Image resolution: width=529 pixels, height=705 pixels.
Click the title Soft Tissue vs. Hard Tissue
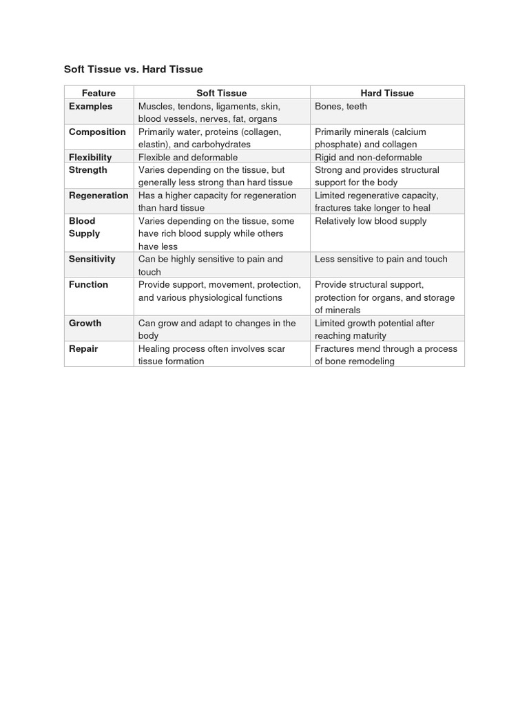(x=133, y=70)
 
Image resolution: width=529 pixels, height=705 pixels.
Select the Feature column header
(x=98, y=93)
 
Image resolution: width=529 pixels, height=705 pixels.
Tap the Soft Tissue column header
(x=221, y=93)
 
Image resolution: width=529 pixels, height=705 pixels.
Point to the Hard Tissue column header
(x=387, y=93)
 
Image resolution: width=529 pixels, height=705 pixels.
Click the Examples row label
(x=90, y=106)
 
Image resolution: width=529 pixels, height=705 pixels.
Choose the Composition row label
(x=97, y=131)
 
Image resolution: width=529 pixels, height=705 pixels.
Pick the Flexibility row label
(x=90, y=157)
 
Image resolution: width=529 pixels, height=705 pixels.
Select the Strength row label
(x=88, y=169)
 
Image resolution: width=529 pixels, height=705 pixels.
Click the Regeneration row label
(x=98, y=195)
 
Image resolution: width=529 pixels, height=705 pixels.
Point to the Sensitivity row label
(x=92, y=259)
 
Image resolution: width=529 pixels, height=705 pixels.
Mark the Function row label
(x=88, y=284)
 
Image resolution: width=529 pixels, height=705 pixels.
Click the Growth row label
(x=85, y=323)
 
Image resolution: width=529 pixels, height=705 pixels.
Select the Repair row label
(x=83, y=348)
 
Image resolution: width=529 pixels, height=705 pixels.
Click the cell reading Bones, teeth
(x=341, y=106)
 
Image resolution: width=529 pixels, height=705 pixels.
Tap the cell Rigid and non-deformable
(x=369, y=157)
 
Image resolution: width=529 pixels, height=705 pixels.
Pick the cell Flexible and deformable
(x=188, y=157)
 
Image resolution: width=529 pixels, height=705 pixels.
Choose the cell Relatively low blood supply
(x=371, y=221)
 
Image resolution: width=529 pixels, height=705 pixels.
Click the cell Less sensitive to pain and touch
(x=381, y=259)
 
